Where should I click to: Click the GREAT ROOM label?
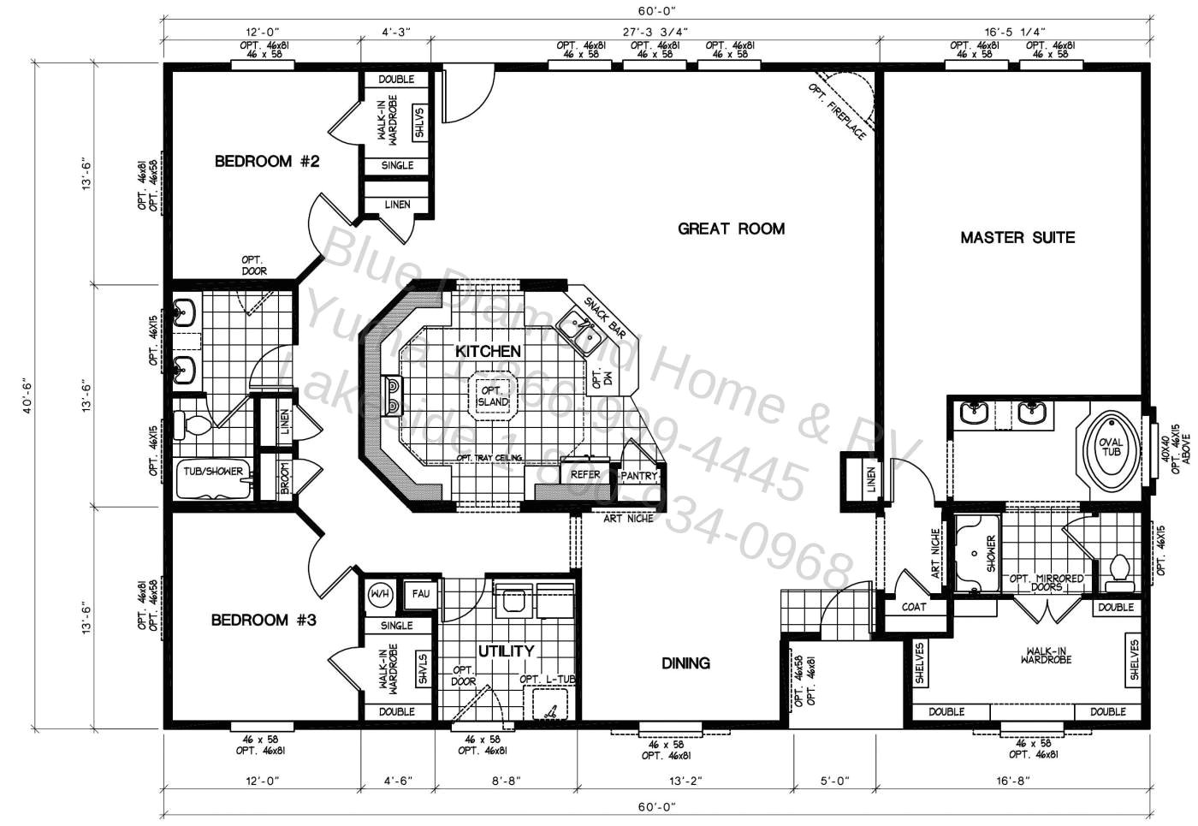point(731,229)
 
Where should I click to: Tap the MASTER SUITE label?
point(1017,238)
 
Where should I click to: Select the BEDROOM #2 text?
point(266,161)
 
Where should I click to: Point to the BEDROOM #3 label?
point(264,620)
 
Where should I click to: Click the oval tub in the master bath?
point(1110,447)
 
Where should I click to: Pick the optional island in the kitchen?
point(493,396)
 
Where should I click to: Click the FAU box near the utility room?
point(421,593)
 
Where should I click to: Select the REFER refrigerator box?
point(585,474)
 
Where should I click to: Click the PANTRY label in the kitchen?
point(638,476)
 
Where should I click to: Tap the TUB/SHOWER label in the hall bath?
point(213,472)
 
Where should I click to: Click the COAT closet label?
point(914,607)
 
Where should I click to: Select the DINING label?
point(685,663)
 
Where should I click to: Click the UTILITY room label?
point(506,651)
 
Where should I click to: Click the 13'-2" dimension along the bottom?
point(685,781)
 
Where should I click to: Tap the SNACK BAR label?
point(605,316)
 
